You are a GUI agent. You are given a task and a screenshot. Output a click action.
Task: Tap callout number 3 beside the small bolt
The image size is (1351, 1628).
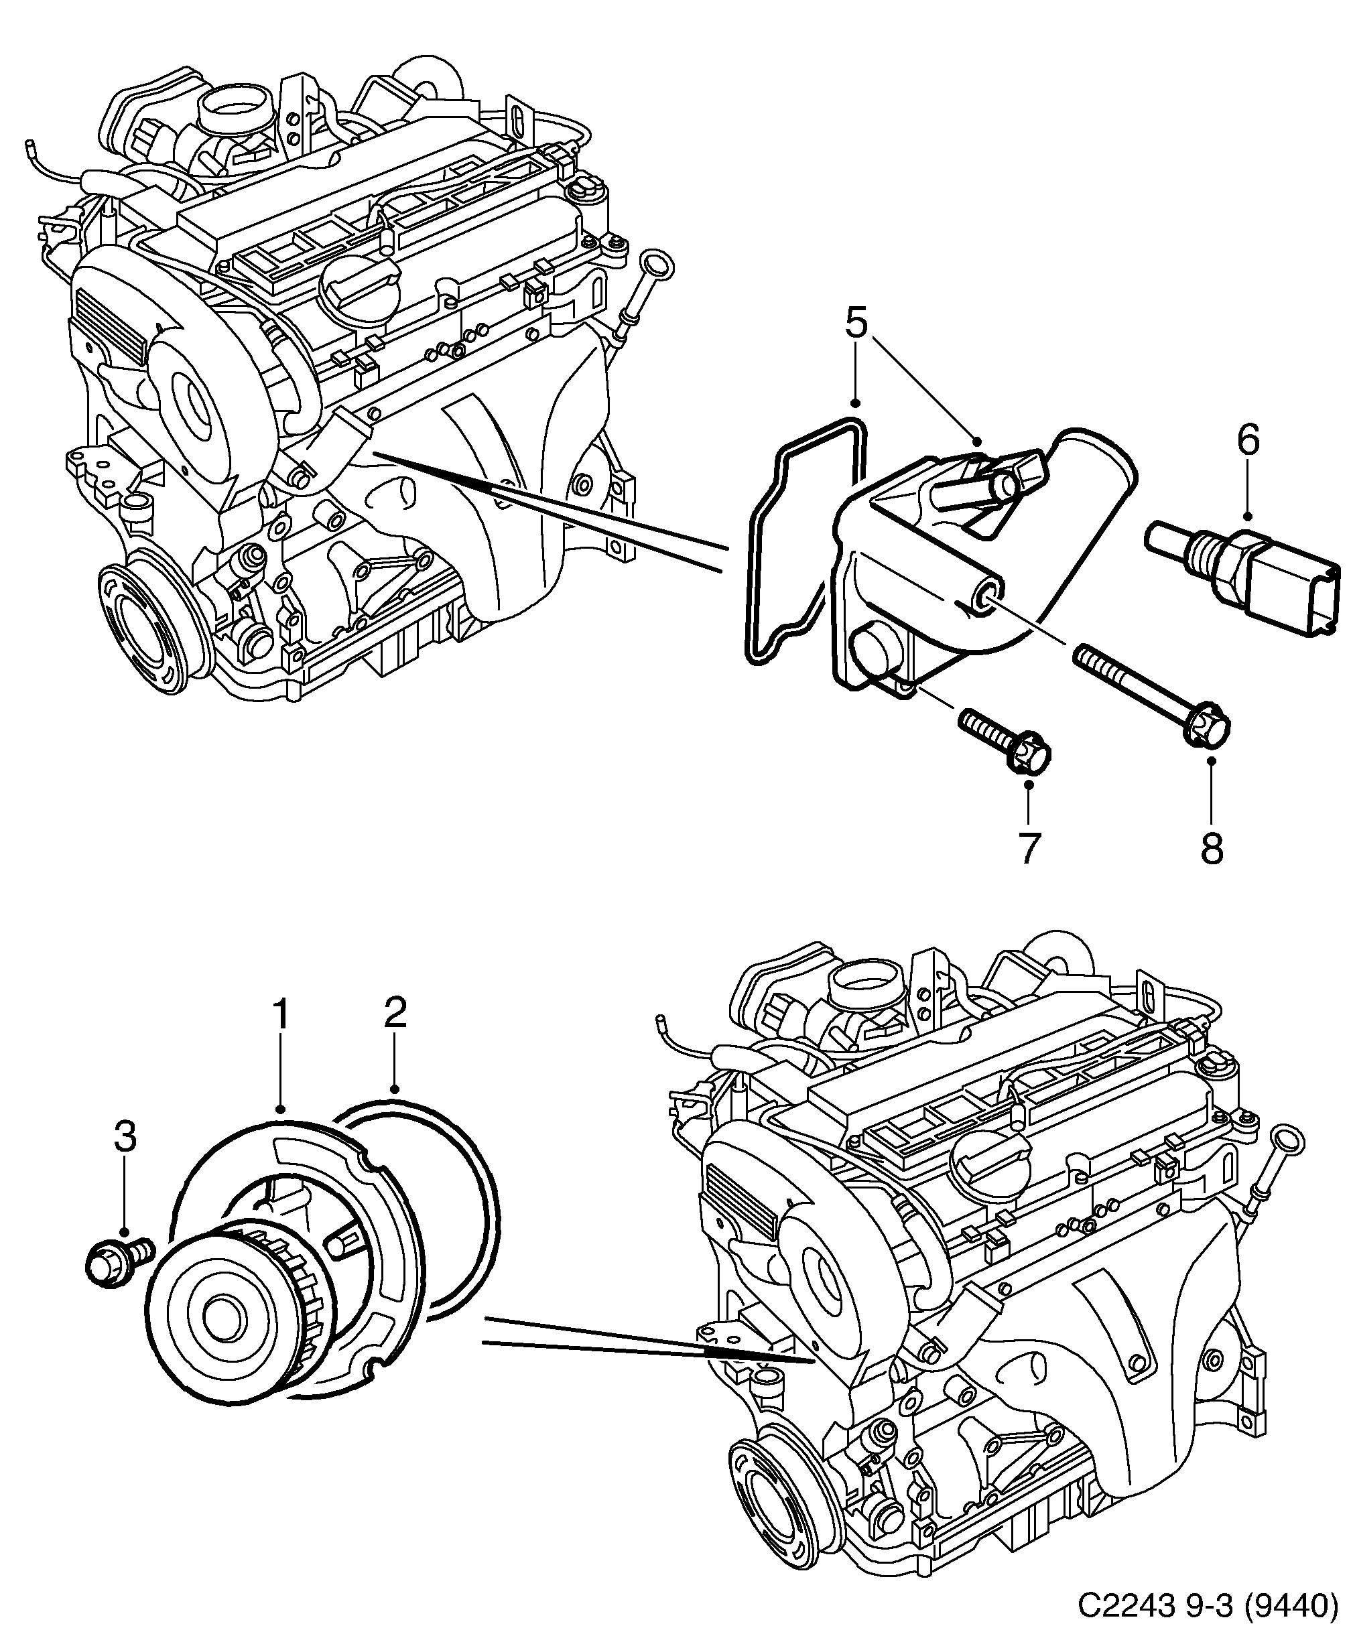tap(125, 1136)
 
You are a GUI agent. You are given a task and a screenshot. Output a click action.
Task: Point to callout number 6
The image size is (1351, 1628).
tap(1248, 440)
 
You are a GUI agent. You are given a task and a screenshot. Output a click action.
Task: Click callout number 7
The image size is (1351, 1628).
tap(1027, 848)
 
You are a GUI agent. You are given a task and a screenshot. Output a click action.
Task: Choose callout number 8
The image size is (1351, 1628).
tap(1212, 848)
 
